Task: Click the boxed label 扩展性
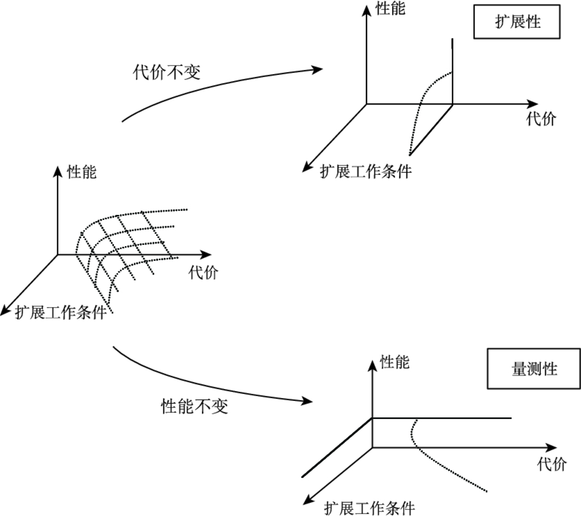(x=517, y=22)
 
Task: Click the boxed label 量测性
(x=533, y=369)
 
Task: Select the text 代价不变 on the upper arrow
(x=167, y=72)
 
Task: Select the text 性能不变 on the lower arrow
(x=195, y=405)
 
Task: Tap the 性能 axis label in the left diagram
(x=82, y=172)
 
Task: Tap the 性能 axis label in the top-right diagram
(x=391, y=9)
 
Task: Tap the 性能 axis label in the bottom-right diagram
(x=394, y=362)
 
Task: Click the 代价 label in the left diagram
(x=203, y=273)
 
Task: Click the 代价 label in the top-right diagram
(x=541, y=119)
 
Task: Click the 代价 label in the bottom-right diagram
(x=551, y=464)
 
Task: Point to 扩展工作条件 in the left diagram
(x=61, y=312)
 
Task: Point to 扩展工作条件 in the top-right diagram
(x=365, y=171)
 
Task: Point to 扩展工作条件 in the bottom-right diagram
(x=369, y=508)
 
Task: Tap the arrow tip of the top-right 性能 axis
(x=367, y=6)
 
